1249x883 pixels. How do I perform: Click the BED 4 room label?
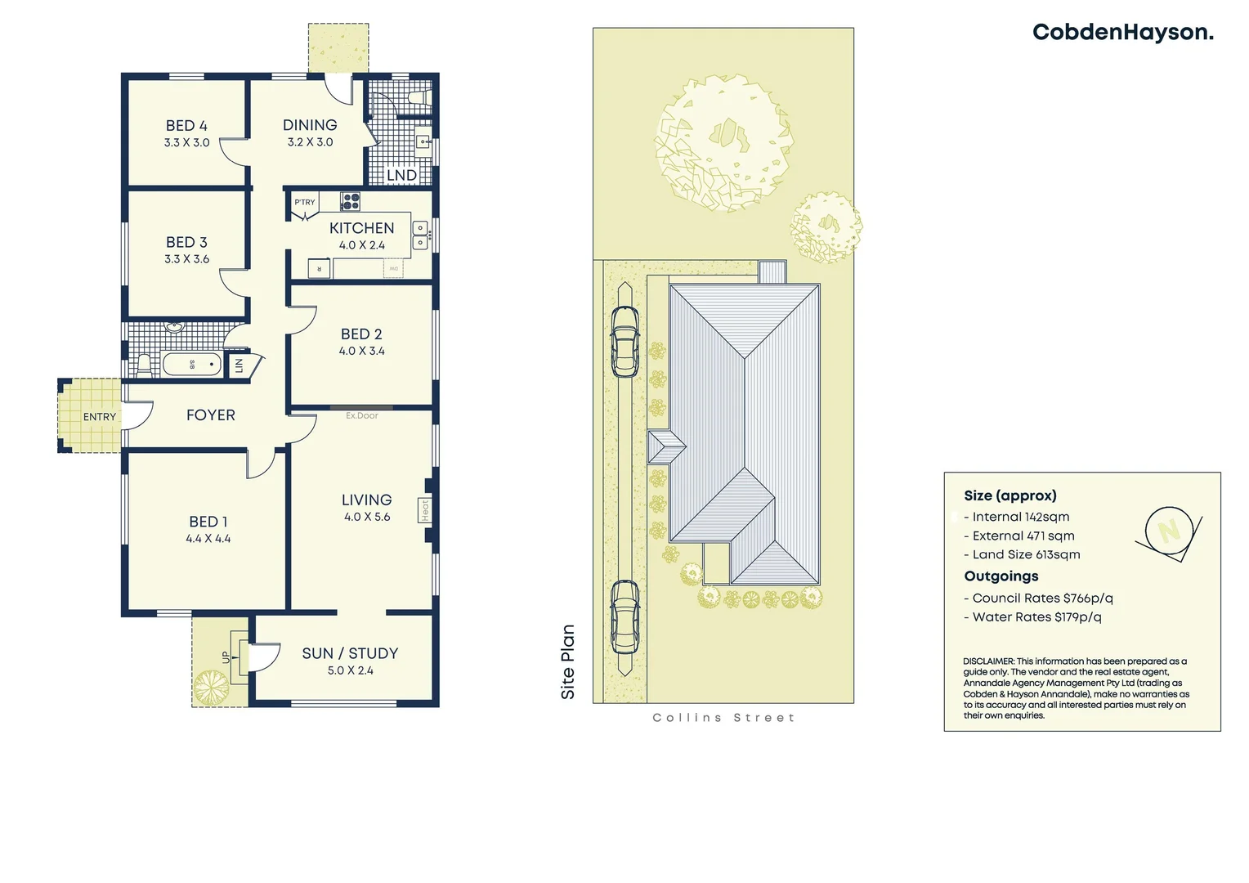pyautogui.click(x=186, y=126)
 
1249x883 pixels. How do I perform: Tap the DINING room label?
pyautogui.click(x=310, y=125)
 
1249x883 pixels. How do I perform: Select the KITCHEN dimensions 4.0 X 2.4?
pyautogui.click(x=361, y=245)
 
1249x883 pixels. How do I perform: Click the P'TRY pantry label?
pyautogui.click(x=305, y=202)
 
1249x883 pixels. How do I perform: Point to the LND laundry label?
pyautogui.click(x=401, y=175)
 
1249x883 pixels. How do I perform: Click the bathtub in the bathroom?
pyautogui.click(x=192, y=364)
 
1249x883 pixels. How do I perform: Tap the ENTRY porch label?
pyautogui.click(x=99, y=417)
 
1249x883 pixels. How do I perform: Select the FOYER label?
pyautogui.click(x=210, y=415)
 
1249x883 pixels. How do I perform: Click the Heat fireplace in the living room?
pyautogui.click(x=425, y=510)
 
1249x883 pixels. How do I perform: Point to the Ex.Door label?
pyautogui.click(x=361, y=415)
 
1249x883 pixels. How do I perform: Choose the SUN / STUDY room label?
pyautogui.click(x=350, y=653)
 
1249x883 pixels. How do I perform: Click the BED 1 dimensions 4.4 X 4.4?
pyautogui.click(x=208, y=539)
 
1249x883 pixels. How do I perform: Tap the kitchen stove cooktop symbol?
pyautogui.click(x=351, y=200)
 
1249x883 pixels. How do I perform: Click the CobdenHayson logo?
pyautogui.click(x=1122, y=33)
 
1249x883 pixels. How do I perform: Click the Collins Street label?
pyautogui.click(x=723, y=718)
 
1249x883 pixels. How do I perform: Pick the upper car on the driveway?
pyautogui.click(x=625, y=341)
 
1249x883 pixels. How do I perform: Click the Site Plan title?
pyautogui.click(x=568, y=662)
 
